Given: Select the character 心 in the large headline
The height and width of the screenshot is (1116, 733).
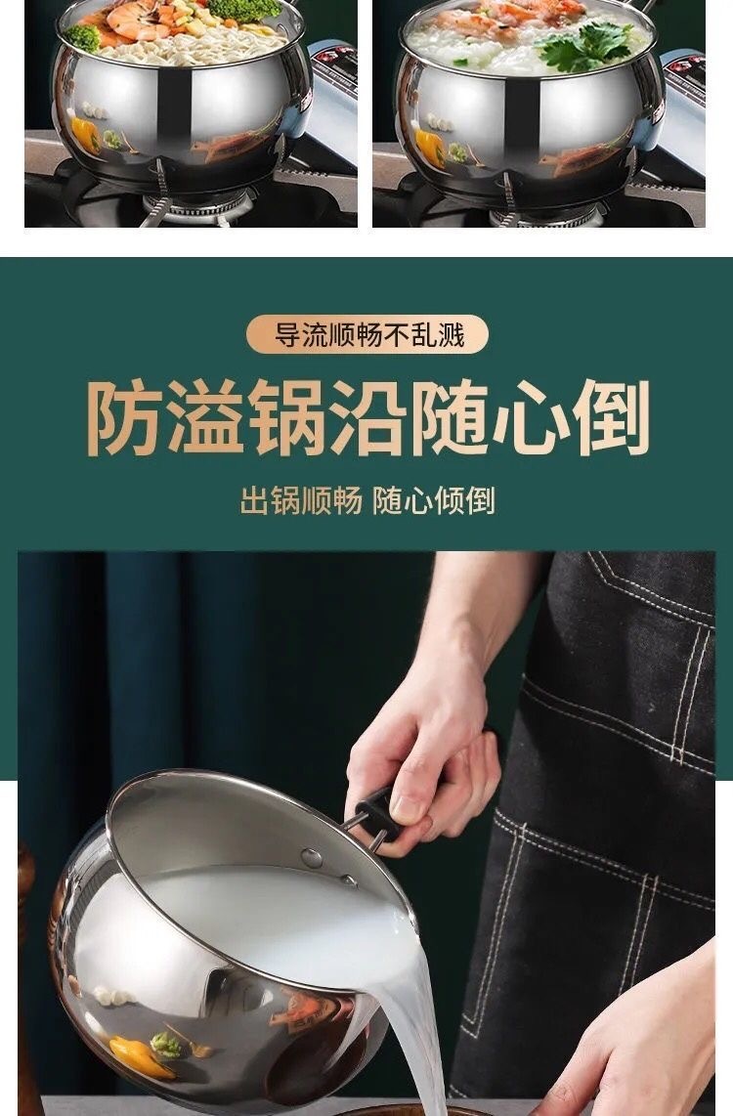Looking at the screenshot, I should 529,419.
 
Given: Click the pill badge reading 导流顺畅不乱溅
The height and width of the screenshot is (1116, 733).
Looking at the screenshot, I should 367,335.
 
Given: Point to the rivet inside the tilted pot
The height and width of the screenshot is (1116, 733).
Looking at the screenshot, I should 311,857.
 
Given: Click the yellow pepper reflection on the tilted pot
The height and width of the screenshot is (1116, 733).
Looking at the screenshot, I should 132,1053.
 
